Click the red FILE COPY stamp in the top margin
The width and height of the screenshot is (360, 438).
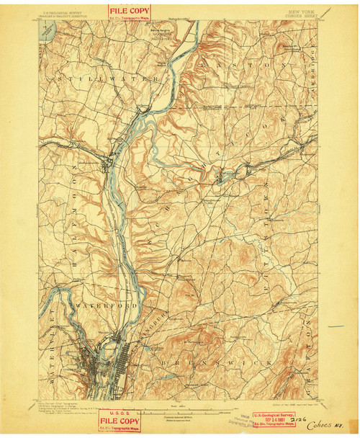(x=130, y=12)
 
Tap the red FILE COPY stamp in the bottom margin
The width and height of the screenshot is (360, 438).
(x=118, y=419)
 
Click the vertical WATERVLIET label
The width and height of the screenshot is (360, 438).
(x=52, y=339)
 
